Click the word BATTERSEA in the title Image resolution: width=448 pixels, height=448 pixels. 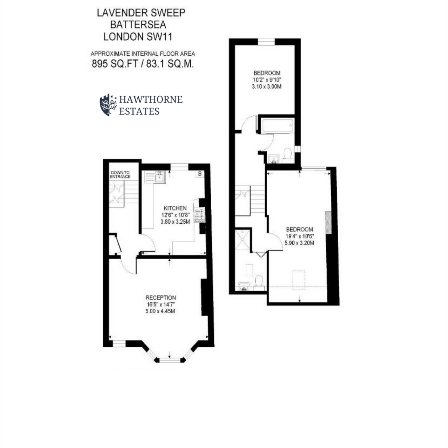(138, 25)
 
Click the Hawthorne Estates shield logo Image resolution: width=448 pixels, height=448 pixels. (108, 105)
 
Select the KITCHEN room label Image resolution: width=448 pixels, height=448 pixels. (175, 208)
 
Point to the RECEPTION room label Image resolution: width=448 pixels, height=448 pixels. (161, 298)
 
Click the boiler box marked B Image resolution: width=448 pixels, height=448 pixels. (199, 174)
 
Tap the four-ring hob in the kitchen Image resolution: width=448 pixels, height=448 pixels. (199, 214)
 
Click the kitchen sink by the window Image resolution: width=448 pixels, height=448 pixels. (159, 177)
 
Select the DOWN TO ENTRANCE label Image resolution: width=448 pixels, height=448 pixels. (121, 175)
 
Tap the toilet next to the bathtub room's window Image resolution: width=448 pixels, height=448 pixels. (288, 153)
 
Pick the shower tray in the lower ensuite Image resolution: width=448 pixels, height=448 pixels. (243, 240)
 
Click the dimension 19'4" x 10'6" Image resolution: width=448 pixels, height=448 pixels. (299, 236)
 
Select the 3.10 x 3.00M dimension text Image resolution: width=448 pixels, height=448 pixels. (267, 87)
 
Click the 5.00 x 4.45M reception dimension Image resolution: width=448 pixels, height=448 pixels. (161, 311)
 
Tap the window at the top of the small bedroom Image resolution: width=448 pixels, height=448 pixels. (266, 41)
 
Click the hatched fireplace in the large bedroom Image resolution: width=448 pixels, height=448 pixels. (328, 223)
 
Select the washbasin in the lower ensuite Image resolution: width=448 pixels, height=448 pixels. (244, 286)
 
